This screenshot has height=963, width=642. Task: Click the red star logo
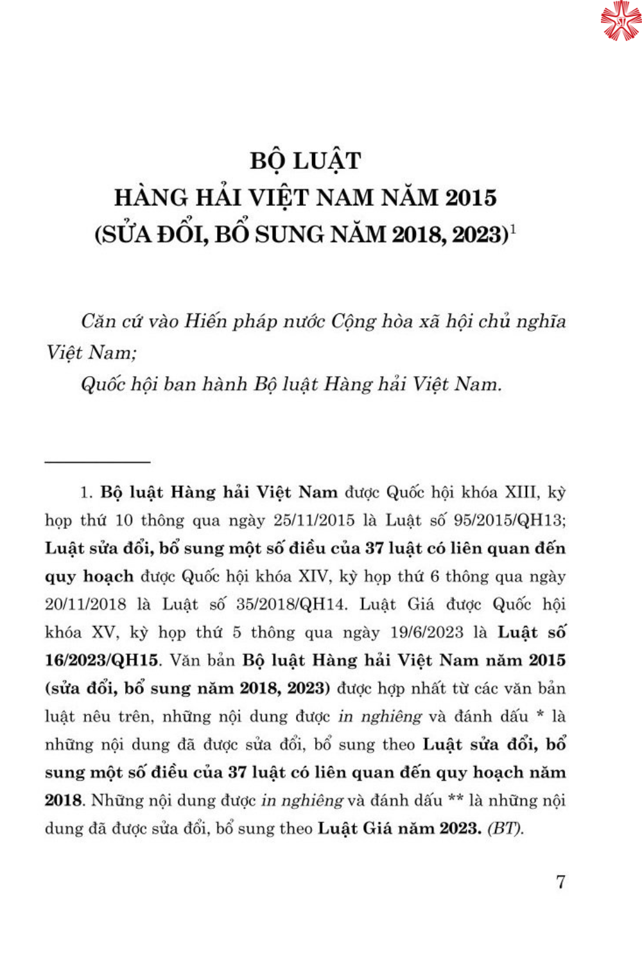620,20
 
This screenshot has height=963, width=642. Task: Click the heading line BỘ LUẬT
306,160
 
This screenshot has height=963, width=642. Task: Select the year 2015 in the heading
471,198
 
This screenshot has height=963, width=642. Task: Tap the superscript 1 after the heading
513,229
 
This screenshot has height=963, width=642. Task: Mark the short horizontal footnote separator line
98,462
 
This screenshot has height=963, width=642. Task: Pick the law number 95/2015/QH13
509,520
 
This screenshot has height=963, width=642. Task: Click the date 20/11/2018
85,604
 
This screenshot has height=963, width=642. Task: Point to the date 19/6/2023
426,632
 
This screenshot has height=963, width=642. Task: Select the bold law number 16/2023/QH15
101,661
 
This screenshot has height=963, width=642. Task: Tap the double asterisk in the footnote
456,799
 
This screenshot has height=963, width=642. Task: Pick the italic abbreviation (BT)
506,828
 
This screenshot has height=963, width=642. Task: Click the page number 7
560,881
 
